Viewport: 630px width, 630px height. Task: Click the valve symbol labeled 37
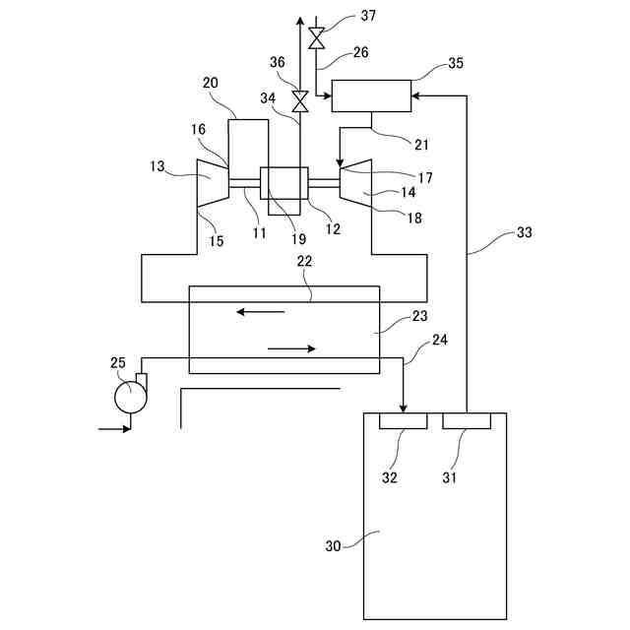(316, 38)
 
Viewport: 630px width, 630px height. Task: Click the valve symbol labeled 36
(300, 99)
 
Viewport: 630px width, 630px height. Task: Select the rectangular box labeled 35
(371, 97)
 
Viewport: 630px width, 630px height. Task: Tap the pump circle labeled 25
(129, 397)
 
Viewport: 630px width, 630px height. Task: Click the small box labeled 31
(467, 421)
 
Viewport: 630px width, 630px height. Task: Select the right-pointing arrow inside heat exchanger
(292, 348)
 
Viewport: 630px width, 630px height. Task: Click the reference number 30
(335, 544)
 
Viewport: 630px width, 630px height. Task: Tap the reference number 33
(525, 234)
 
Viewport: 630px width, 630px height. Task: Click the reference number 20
(211, 84)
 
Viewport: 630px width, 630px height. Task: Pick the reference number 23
(420, 317)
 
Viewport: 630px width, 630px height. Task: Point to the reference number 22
(305, 263)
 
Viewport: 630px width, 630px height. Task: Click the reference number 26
(361, 52)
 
